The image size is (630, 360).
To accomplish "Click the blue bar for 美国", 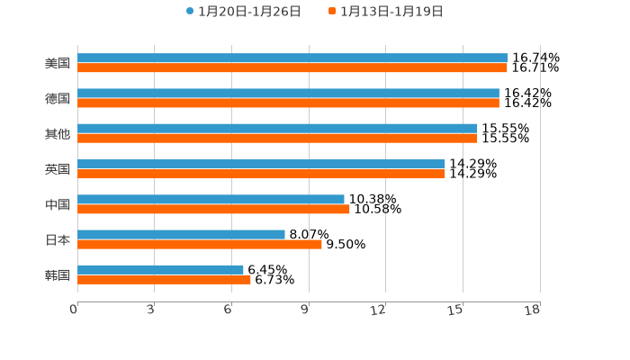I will coord(292,58).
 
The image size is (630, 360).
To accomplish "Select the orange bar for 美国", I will coord(292,67).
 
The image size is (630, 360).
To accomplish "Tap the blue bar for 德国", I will coord(288,94).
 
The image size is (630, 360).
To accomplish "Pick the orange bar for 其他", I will coord(277,139).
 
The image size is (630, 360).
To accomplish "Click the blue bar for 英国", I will coord(261,164).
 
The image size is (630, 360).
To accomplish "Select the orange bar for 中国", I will coord(213,209).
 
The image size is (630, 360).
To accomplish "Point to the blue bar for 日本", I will coord(181,234).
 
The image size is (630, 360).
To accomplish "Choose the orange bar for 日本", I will coord(200,244).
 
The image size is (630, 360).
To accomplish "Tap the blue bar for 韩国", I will coord(160,269).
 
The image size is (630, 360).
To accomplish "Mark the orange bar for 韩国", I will coord(164,279).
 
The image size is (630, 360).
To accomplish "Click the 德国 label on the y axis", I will coord(58,98).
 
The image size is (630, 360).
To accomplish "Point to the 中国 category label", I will coord(58,204).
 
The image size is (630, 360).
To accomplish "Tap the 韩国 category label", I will coord(58,274).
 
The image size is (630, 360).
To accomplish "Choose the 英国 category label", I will coord(58,169).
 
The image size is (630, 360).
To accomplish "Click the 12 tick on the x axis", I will coord(378,310).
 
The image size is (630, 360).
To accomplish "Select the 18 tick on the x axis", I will coord(532,310).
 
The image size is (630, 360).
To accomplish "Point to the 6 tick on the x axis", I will coord(229,310).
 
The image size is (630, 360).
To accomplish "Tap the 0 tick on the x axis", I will coord(74,310).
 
